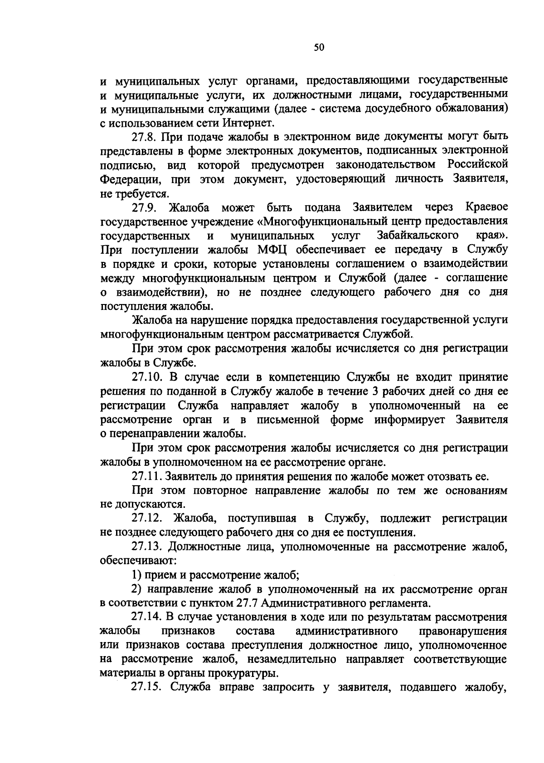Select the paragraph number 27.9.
144,208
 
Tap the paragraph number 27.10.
147,377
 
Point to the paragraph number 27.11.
147,477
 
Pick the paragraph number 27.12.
147,518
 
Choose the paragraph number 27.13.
147,547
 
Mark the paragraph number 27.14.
147,618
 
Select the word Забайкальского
417,236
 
